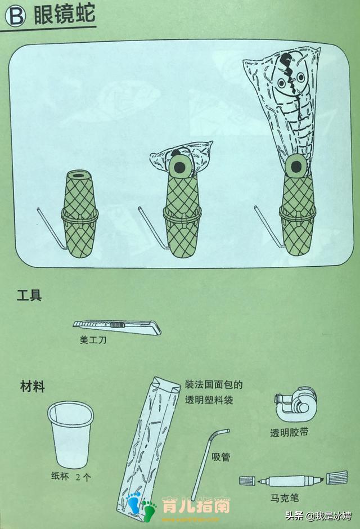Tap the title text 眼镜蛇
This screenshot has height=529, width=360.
click(62, 15)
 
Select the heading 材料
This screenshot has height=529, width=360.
click(33, 387)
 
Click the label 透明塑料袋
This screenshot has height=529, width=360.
click(209, 400)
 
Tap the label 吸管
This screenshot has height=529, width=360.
click(220, 457)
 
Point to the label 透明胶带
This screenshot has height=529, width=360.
click(289, 432)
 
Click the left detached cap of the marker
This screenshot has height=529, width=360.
click(248, 481)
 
